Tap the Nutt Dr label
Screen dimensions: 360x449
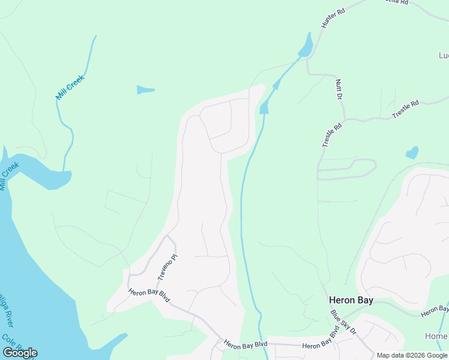(x=339, y=89)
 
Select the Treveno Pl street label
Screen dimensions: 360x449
(x=169, y=267)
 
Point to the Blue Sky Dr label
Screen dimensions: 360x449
(x=343, y=322)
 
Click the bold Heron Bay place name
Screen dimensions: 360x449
(x=351, y=300)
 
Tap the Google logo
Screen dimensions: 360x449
(x=20, y=353)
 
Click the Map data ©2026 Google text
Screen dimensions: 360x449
(x=412, y=355)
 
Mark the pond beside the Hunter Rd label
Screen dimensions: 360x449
(x=306, y=46)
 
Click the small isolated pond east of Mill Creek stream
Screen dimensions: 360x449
(x=145, y=90)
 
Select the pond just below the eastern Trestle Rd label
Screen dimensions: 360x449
(x=412, y=152)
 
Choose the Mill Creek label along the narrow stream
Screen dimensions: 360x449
(x=70, y=88)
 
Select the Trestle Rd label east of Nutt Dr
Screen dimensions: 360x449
(x=405, y=110)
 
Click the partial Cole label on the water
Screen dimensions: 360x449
(x=7, y=340)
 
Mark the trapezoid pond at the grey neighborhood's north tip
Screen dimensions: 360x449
(x=264, y=107)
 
